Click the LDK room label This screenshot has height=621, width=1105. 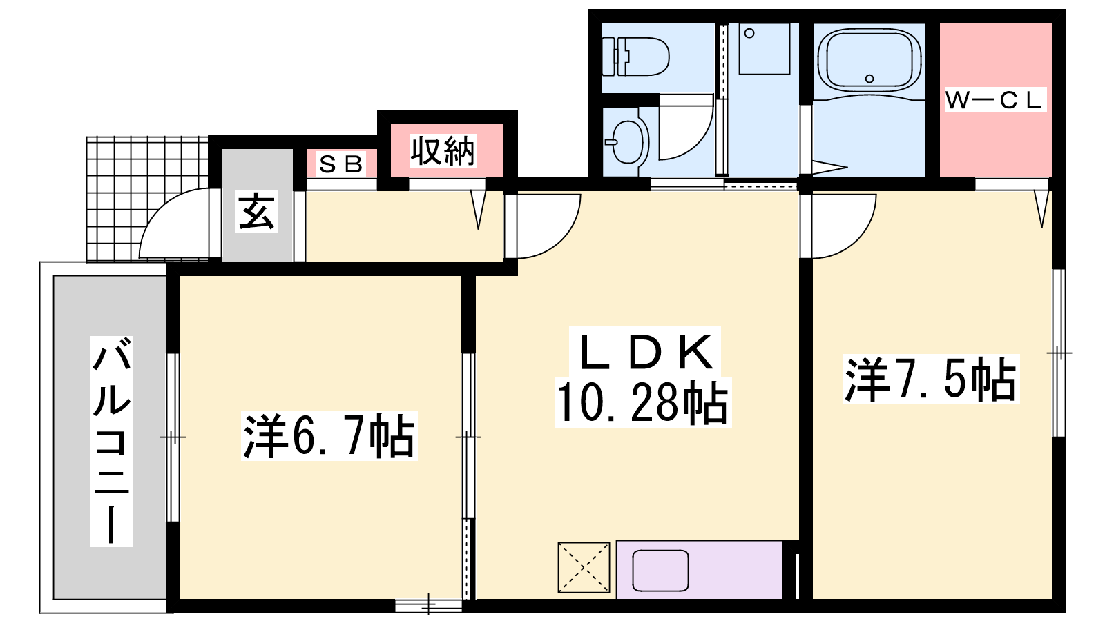645,352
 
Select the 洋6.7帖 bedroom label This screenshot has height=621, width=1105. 329,436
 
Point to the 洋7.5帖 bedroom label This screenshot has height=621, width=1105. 930,379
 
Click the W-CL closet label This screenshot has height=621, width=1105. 995,101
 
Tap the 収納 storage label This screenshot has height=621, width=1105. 443,150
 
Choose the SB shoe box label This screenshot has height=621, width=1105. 341,164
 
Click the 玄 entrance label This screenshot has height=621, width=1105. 256,211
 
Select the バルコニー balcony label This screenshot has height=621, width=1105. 111,441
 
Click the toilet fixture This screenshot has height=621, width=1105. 635,56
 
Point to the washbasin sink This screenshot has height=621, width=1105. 626,142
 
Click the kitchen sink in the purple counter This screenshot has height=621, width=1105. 660,571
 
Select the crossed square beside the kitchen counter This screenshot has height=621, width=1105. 584,568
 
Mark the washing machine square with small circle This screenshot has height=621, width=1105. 764,48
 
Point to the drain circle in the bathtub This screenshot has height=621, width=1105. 869,79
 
